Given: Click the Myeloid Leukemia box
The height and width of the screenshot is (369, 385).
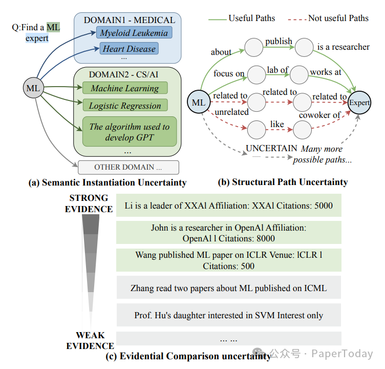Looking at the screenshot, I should click(134, 33).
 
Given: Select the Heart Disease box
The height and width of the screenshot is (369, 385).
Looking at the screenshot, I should click(129, 49).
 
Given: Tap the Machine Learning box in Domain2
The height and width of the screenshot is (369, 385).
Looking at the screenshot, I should click(125, 88).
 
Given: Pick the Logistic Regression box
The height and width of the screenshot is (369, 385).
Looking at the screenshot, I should click(125, 106).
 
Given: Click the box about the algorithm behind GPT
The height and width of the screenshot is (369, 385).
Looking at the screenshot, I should click(129, 132).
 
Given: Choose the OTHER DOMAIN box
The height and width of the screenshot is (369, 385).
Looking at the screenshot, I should click(128, 167).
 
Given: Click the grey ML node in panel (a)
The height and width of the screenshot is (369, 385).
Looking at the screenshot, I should click(33, 88).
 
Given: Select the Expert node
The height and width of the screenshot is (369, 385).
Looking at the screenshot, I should click(359, 102).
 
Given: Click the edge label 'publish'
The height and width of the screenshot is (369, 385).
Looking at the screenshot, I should click(279, 41).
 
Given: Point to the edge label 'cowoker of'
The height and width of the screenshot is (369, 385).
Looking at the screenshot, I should click(320, 115).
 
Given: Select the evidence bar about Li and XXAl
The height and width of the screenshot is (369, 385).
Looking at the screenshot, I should click(228, 206).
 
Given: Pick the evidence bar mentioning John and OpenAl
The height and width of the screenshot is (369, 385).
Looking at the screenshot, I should click(228, 233).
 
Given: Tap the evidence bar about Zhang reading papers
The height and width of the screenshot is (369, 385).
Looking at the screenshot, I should click(228, 288).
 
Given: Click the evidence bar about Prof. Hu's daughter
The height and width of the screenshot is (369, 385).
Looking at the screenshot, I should click(228, 315).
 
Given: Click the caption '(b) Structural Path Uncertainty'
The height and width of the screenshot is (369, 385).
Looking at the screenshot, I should click(283, 182).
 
